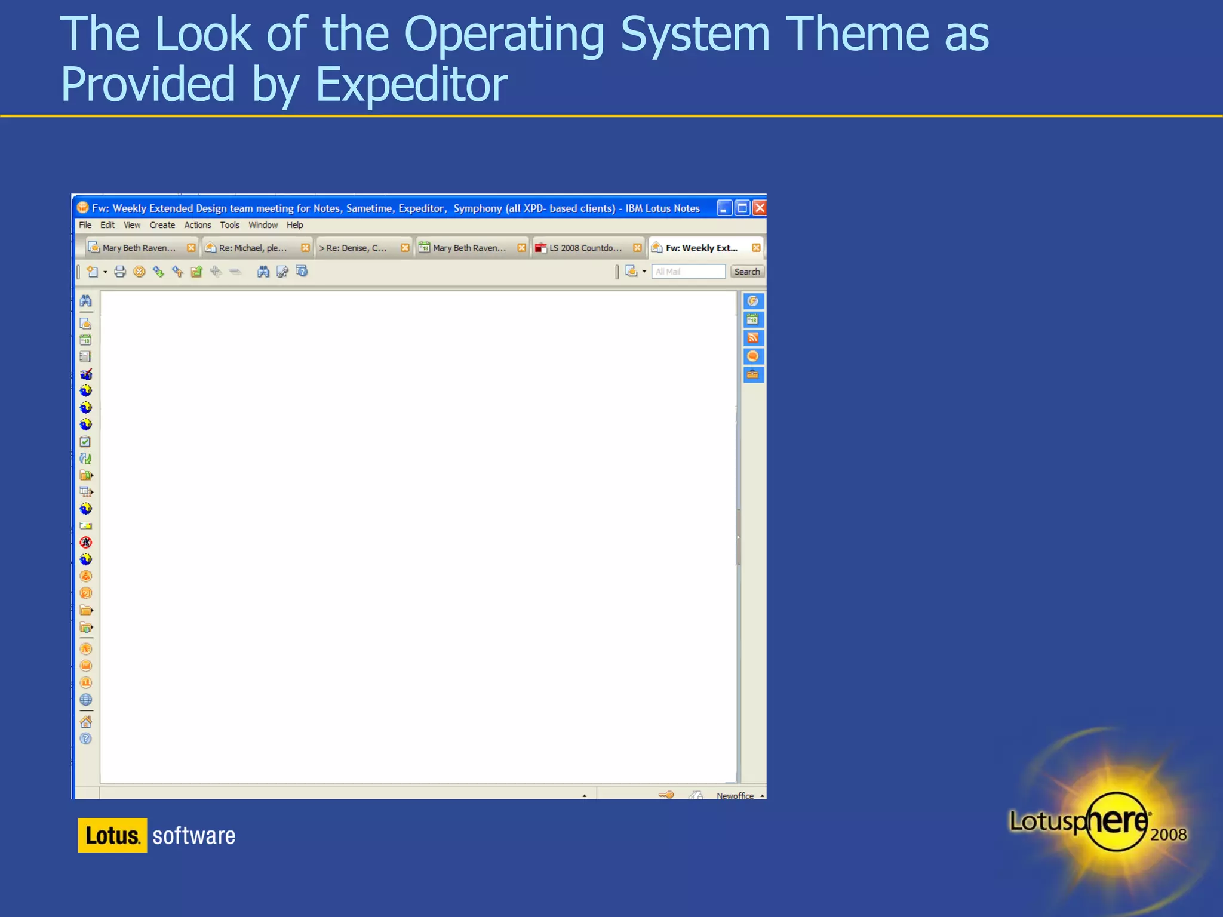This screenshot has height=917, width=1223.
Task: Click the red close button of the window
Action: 759,208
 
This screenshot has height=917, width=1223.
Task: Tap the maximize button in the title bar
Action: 742,208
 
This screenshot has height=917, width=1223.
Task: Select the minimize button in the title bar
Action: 724,208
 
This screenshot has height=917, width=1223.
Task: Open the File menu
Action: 85,225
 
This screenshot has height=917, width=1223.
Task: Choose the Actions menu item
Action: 197,225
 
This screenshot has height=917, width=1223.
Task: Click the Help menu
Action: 294,225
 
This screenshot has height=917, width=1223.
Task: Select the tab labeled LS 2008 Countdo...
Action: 585,248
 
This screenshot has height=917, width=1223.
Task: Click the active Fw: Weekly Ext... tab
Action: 701,248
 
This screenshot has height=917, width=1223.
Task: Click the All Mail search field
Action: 688,272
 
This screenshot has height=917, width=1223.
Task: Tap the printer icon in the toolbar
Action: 120,272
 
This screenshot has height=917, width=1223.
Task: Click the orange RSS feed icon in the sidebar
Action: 753,338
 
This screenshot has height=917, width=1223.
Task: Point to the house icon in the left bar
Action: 86,721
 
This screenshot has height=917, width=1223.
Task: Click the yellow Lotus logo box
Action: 112,835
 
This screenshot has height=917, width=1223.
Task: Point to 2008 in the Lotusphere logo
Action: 1168,834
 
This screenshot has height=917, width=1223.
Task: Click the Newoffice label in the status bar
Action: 735,796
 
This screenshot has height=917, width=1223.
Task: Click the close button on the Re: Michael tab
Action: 305,248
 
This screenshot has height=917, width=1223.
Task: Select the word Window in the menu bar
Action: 263,225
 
